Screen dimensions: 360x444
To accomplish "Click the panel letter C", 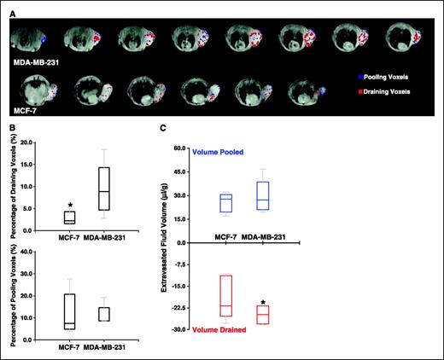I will (x=163, y=130).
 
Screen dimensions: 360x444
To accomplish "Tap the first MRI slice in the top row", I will (x=32, y=38).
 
